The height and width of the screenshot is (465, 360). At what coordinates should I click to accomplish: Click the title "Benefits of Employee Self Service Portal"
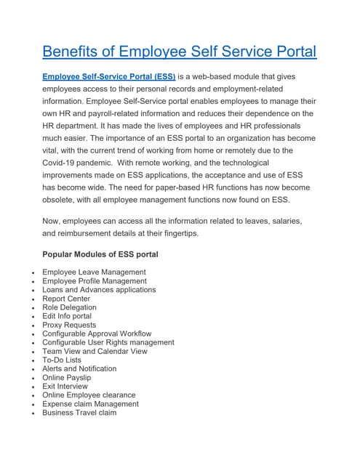click(179, 52)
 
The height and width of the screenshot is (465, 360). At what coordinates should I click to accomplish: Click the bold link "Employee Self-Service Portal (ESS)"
click(109, 76)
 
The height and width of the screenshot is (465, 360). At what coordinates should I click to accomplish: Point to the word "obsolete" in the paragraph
click(63, 200)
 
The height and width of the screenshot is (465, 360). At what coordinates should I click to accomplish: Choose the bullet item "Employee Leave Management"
click(94, 272)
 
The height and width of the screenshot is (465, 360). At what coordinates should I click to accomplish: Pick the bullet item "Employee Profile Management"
click(95, 280)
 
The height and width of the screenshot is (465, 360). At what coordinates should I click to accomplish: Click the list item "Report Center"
click(66, 299)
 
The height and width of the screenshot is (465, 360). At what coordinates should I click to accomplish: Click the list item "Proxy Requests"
click(69, 325)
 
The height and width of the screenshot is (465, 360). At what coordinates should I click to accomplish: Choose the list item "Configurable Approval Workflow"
click(97, 333)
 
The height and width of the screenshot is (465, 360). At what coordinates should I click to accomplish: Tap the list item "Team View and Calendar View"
click(95, 351)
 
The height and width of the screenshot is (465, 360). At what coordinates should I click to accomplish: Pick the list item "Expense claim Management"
click(91, 404)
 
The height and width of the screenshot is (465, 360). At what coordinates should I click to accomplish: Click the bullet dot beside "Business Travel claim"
click(34, 413)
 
